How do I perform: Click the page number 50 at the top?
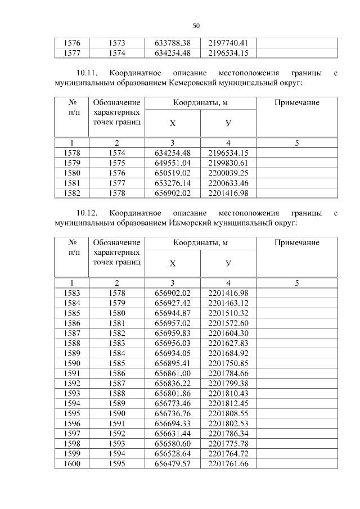pyautogui.click(x=196, y=25)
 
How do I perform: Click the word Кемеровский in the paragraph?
pyautogui.click(x=193, y=83)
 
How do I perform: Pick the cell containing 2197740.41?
pyautogui.click(x=228, y=43)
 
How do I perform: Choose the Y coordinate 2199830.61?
pyautogui.click(x=228, y=163)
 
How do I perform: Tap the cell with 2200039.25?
pyautogui.click(x=228, y=173)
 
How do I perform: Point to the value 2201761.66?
pyautogui.click(x=228, y=463)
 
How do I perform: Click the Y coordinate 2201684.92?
pyautogui.click(x=228, y=353)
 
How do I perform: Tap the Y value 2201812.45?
pyautogui.click(x=228, y=403)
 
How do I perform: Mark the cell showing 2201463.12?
pyautogui.click(x=228, y=303)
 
